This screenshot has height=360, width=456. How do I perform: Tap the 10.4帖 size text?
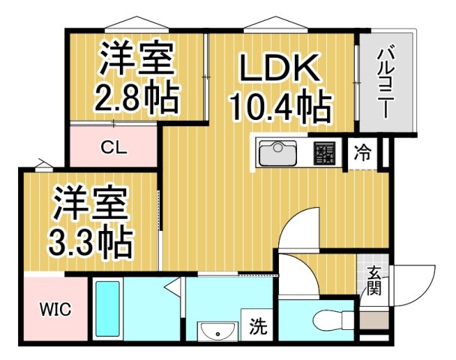point(281,109)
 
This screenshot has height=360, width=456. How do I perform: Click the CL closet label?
point(113,146)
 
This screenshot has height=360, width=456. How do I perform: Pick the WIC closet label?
point(55,309)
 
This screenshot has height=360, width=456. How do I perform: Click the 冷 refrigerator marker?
point(362,154)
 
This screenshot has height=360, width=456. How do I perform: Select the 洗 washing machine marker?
point(258,326)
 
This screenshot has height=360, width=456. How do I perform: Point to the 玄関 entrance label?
point(373,281)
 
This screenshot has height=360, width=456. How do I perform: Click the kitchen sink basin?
point(280,154)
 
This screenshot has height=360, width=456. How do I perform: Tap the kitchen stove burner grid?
point(325,154)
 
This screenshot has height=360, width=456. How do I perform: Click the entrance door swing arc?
point(414,285)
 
